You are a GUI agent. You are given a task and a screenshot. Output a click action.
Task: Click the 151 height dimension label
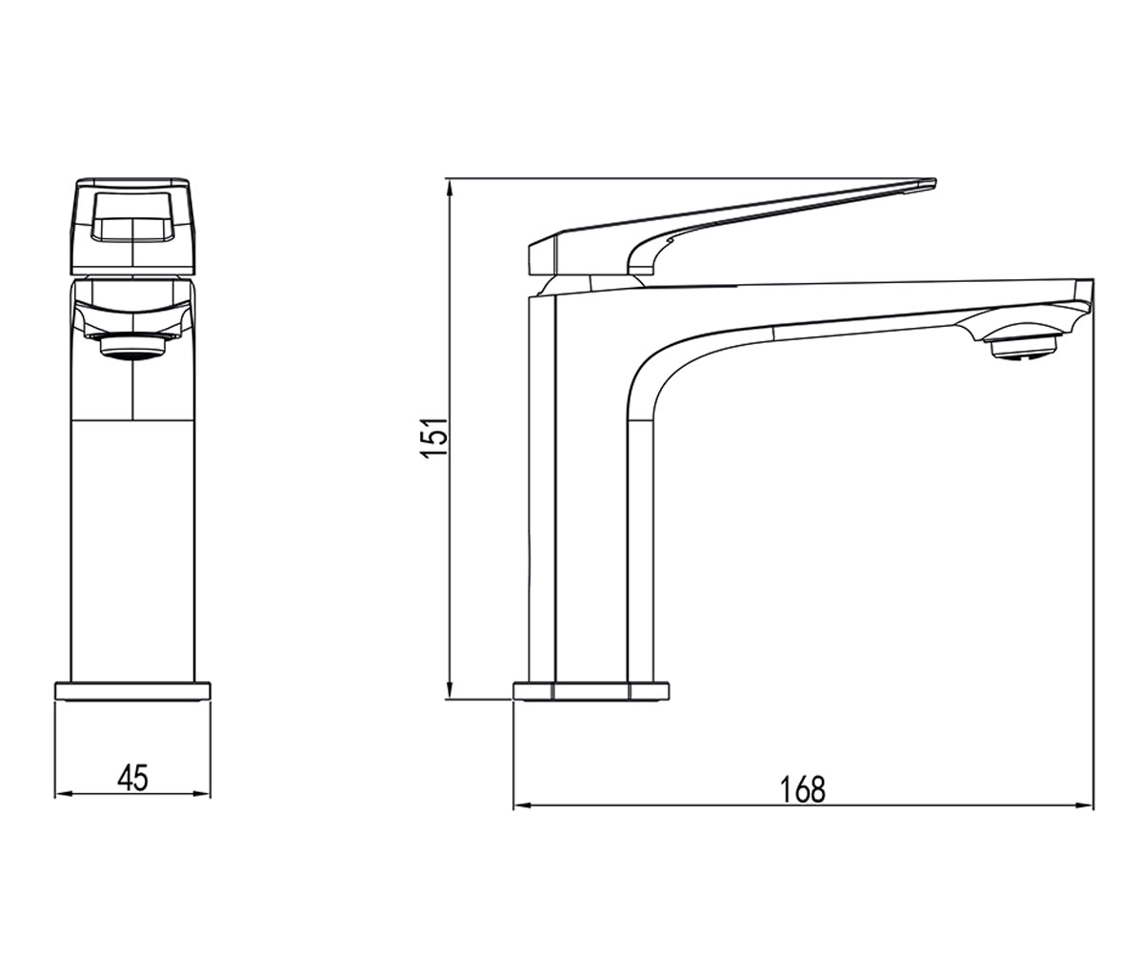tap(434, 438)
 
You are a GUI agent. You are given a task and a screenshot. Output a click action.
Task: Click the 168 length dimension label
tap(803, 789)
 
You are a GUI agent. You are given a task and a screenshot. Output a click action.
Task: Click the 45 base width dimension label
tap(132, 778)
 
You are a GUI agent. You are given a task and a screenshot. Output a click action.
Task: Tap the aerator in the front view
tap(132, 347)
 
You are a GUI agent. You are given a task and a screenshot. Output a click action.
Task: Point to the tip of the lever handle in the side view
tap(935, 183)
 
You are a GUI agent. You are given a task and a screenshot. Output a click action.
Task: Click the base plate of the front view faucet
tap(132, 691)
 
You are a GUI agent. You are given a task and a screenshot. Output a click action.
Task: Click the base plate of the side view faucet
tap(591, 691)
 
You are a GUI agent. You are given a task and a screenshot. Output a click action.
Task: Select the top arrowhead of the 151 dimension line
tap(450, 189)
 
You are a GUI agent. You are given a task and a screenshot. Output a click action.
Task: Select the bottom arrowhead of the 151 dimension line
tap(450, 690)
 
